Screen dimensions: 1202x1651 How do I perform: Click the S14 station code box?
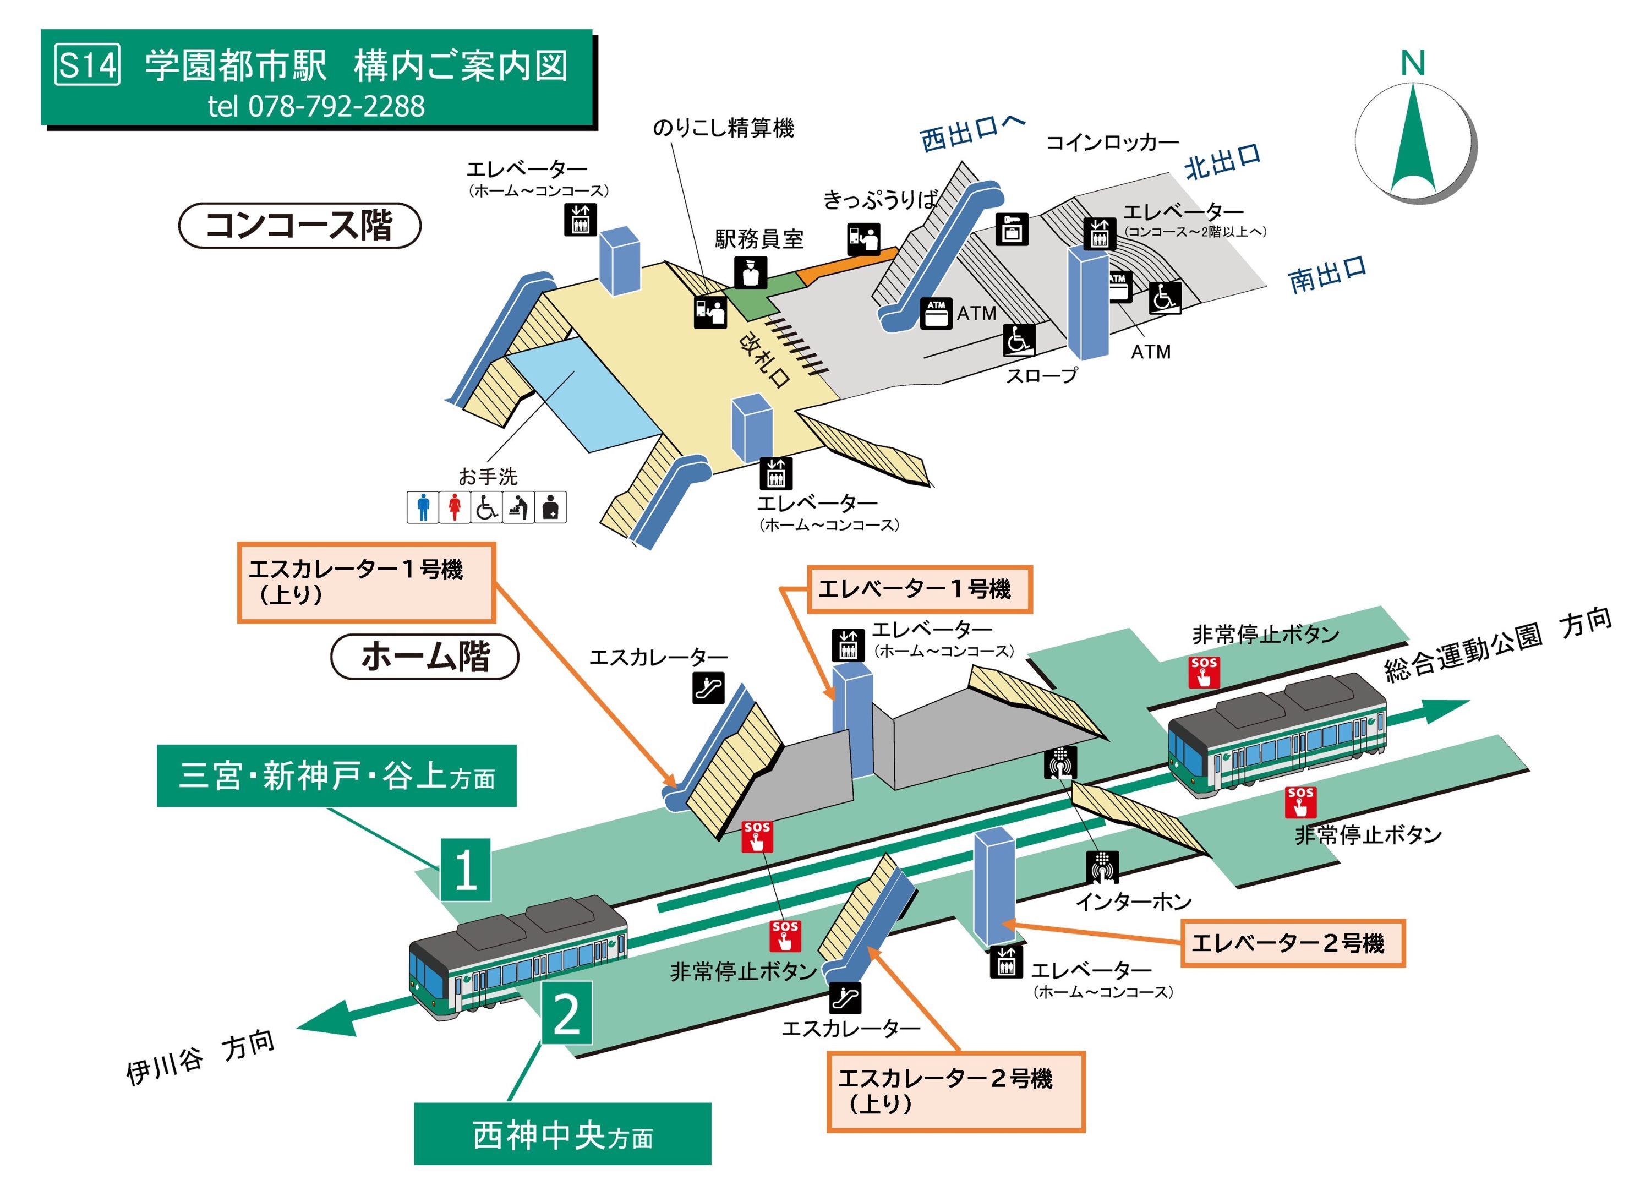88,65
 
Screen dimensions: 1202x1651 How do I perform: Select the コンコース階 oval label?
299,225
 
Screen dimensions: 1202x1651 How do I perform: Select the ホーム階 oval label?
424,657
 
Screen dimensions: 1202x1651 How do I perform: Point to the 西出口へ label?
972,133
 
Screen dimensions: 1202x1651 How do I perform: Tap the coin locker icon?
1012,230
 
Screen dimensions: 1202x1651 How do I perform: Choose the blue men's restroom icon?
423,507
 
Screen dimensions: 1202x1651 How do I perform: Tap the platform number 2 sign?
566,1013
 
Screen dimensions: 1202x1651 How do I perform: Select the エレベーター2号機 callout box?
1292,943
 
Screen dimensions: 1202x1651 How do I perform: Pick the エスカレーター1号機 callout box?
366,582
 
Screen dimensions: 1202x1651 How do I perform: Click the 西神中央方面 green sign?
562,1134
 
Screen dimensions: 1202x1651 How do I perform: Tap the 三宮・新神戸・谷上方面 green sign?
336,775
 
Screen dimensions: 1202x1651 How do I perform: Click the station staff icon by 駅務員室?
751,273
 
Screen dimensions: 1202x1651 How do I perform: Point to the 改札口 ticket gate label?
764,360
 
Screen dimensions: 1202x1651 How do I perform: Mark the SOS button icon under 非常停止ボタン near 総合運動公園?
1204,671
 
